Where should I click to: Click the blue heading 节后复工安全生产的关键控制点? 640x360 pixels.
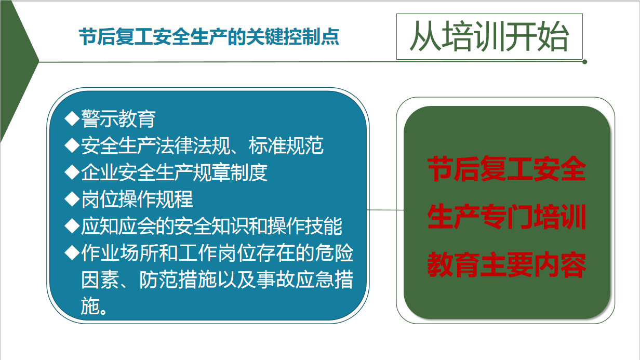[x=209, y=37]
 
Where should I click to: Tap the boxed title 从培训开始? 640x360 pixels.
[x=489, y=36]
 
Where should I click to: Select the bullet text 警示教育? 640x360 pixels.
[x=118, y=118]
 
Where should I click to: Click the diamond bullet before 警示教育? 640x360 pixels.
[x=72, y=118]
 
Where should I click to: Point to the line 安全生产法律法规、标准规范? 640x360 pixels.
[x=202, y=145]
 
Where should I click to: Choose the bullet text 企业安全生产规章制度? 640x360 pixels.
[x=175, y=172]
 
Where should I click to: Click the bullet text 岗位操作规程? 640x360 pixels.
[x=137, y=199]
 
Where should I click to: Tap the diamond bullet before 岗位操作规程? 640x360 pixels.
[x=72, y=199]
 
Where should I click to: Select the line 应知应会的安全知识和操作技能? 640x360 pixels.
[x=212, y=226]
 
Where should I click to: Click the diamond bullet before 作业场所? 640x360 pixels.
[x=72, y=252]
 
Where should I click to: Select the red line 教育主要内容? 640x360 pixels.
[x=506, y=264]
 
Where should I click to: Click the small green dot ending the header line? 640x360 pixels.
[x=584, y=62]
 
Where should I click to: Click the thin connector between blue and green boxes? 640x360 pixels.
[x=385, y=210]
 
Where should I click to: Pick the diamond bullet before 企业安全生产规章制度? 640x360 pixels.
[x=72, y=172]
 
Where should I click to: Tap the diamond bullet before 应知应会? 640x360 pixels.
[x=72, y=225]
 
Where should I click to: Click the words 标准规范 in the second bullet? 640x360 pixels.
[x=286, y=145]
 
